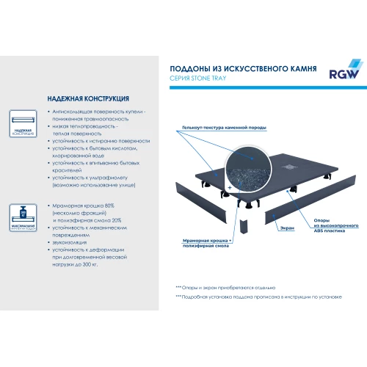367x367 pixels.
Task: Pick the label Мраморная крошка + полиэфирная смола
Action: tap(208, 242)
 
